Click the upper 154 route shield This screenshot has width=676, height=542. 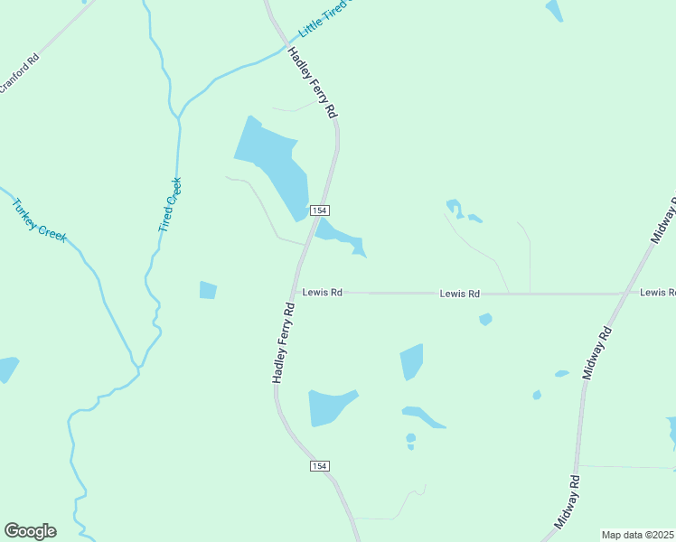[319, 210]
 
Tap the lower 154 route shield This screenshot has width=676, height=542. [319, 466]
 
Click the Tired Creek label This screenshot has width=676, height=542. [170, 205]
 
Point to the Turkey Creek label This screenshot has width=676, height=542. [39, 220]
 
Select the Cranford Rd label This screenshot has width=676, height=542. [19, 73]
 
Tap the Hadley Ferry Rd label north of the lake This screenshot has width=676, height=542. [313, 83]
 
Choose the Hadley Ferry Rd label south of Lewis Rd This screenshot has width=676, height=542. [284, 343]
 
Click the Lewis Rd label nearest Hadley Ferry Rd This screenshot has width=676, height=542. [323, 293]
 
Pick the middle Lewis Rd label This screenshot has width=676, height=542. [460, 294]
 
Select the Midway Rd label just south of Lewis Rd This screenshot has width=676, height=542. [597, 353]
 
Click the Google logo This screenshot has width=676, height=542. [30, 531]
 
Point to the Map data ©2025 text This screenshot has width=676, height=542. [638, 535]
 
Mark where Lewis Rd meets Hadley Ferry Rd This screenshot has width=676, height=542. [294, 293]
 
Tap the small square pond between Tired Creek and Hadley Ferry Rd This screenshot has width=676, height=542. [208, 290]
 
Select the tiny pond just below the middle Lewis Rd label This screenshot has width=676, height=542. [485, 319]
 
